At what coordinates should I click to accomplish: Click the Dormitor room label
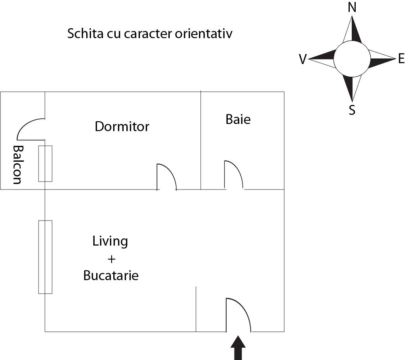click(122, 127)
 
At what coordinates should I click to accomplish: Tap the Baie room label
click(238, 119)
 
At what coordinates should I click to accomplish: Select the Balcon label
click(17, 165)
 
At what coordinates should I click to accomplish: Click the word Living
click(110, 241)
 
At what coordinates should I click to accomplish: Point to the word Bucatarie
click(111, 276)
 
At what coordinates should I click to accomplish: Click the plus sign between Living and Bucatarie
click(111, 259)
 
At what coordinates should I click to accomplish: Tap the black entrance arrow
click(238, 348)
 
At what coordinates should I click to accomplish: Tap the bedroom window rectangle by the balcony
click(45, 164)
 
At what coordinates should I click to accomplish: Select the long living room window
click(45, 257)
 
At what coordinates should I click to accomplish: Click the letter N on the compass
click(352, 8)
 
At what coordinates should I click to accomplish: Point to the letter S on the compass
click(352, 110)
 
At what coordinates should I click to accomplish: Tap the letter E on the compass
click(401, 59)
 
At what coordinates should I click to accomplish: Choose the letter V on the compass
click(303, 60)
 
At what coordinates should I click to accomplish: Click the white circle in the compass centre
click(351, 59)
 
